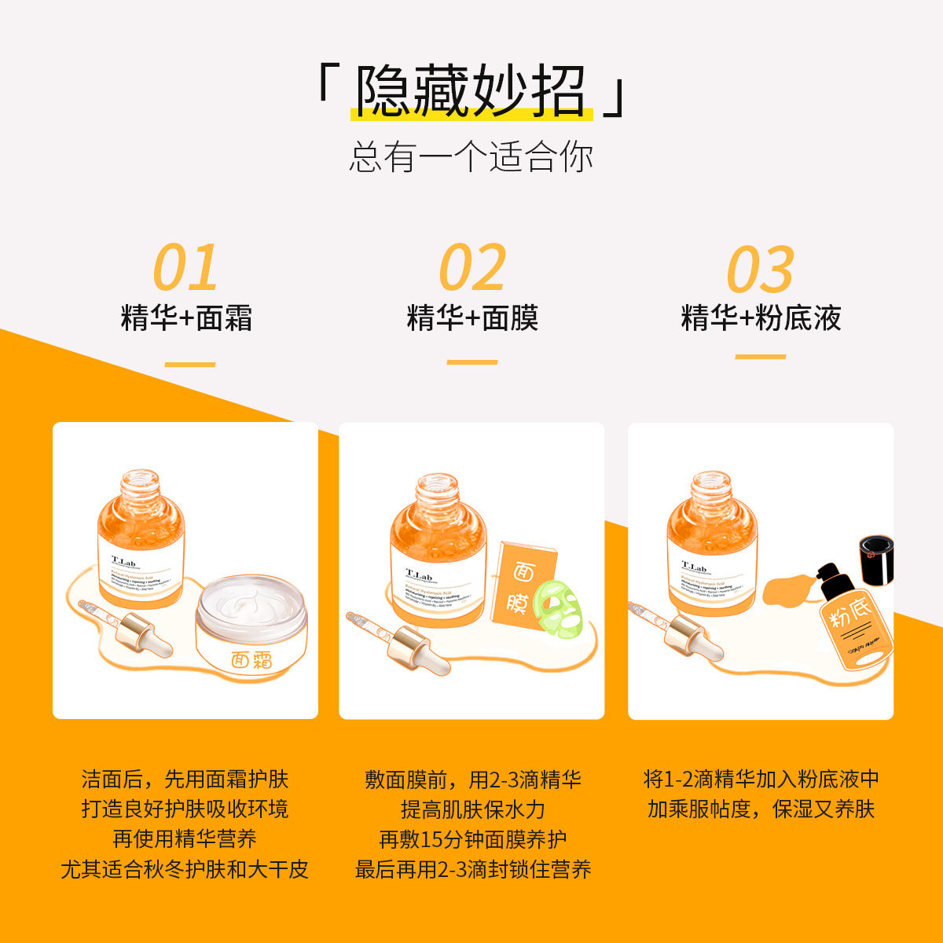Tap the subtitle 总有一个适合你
(471, 157)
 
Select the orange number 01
(185, 268)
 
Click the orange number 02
(472, 268)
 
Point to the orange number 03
(760, 270)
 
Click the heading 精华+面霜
(186, 318)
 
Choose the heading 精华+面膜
(472, 318)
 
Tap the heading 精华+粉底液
(761, 318)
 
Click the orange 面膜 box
(517, 585)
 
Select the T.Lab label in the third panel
(693, 567)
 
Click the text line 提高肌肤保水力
(472, 809)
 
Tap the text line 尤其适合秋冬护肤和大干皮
(185, 870)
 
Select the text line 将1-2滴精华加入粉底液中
(761, 780)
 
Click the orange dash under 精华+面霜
(190, 365)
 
